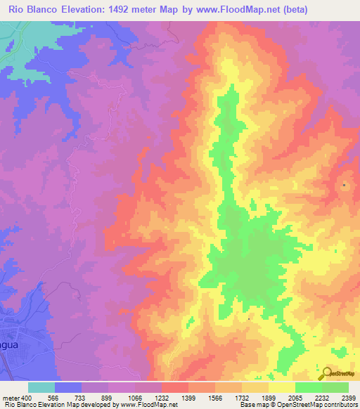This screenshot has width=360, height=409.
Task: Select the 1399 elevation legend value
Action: [188, 398]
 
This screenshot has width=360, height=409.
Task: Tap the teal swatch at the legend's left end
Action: [41, 387]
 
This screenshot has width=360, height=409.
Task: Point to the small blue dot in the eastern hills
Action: [344, 185]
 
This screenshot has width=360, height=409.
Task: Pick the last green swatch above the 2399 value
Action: [335, 387]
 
